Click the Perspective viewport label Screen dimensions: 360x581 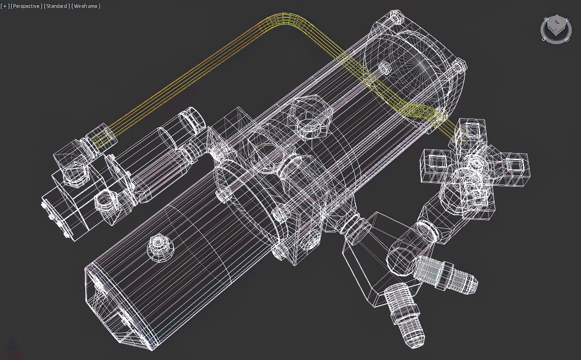(26, 6)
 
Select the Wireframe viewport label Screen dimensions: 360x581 (86, 6)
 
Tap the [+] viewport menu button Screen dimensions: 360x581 (5, 6)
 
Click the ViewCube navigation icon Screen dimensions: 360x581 (556, 29)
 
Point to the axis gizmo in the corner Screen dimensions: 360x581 (13, 348)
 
